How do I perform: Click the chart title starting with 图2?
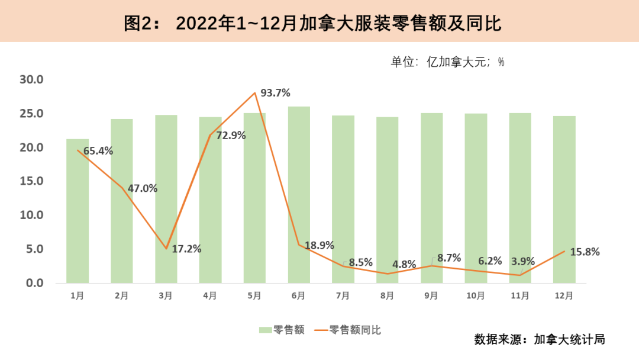click(x=312, y=23)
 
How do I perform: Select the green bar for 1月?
click(x=78, y=213)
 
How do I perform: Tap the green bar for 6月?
click(x=299, y=195)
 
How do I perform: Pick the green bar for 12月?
click(x=564, y=201)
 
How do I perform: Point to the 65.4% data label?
click(x=98, y=151)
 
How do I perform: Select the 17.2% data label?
click(x=186, y=249)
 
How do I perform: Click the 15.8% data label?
click(x=585, y=252)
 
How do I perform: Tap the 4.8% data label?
click(x=404, y=265)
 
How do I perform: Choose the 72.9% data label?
click(x=231, y=136)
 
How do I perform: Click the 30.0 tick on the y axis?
click(x=32, y=79)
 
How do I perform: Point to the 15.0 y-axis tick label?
click(x=32, y=181)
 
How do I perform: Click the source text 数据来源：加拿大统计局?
click(x=539, y=340)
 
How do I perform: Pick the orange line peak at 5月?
click(x=254, y=93)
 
